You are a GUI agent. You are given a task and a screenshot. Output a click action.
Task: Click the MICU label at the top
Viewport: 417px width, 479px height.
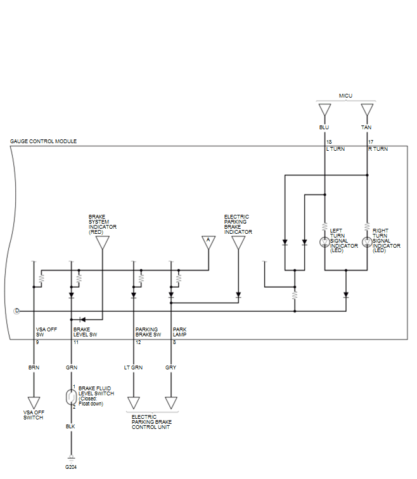(345, 96)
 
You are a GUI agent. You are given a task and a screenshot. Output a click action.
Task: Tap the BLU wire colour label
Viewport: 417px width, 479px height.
(324, 127)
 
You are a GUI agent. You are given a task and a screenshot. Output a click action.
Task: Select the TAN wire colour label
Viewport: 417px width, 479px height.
(366, 127)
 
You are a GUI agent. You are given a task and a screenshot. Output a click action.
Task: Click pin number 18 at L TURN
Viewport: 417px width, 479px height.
(329, 142)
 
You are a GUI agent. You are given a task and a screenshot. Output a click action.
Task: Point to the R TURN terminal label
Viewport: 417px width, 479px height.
(378, 149)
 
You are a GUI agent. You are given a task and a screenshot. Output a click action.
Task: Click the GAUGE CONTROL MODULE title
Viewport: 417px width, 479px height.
(43, 141)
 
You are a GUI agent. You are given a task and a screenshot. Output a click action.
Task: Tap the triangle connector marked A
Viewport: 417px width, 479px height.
(208, 242)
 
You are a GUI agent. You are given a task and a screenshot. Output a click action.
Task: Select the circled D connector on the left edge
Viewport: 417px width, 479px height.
(17, 311)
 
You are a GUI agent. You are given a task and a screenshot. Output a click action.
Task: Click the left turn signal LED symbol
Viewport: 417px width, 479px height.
(324, 242)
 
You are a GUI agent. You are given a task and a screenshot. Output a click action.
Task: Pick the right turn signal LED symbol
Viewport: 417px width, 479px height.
(367, 242)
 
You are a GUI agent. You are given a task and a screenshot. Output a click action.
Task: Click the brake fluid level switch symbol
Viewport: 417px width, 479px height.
(71, 397)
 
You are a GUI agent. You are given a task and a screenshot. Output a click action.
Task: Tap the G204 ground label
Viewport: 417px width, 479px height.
(71, 467)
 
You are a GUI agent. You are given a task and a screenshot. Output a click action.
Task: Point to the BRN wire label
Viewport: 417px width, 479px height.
(34, 367)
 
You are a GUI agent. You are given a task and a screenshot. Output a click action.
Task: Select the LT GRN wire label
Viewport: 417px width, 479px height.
(133, 367)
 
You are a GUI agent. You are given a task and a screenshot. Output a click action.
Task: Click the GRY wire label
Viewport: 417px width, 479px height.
(170, 367)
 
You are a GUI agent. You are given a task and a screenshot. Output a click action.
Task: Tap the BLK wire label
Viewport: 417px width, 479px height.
(70, 426)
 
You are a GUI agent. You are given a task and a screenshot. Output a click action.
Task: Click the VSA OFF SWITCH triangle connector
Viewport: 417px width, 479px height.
(34, 402)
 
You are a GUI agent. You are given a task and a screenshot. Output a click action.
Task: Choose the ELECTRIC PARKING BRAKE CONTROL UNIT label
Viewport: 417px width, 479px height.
(151, 422)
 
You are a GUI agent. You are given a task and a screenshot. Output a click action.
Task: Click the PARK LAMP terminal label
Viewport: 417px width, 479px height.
(179, 332)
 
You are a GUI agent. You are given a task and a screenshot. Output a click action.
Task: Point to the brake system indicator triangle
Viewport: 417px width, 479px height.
(102, 243)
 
